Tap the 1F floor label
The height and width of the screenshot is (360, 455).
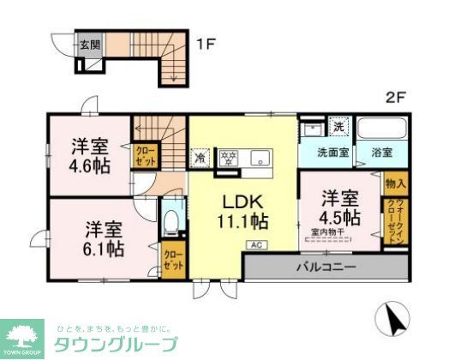(205, 41)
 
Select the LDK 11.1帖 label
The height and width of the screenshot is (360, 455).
(242, 211)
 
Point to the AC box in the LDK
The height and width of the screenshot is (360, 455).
(255, 245)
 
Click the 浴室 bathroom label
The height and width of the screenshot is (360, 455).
(382, 153)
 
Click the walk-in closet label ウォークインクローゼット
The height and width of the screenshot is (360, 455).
(395, 220)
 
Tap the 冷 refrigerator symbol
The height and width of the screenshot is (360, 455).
(200, 157)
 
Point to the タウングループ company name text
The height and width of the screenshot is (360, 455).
(117, 344)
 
